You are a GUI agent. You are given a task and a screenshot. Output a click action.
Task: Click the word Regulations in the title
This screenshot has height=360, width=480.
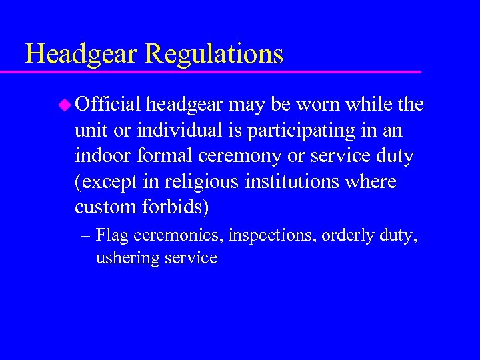click(x=214, y=53)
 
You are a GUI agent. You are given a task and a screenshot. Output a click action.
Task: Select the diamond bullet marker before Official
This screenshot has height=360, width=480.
click(x=64, y=104)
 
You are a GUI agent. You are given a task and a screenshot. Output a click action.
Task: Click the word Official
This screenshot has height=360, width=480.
click(x=108, y=104)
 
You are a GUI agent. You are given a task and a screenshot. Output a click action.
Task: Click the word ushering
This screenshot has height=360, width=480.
click(x=127, y=258)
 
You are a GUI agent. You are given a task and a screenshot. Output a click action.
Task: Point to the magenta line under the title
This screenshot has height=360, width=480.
click(x=220, y=71)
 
